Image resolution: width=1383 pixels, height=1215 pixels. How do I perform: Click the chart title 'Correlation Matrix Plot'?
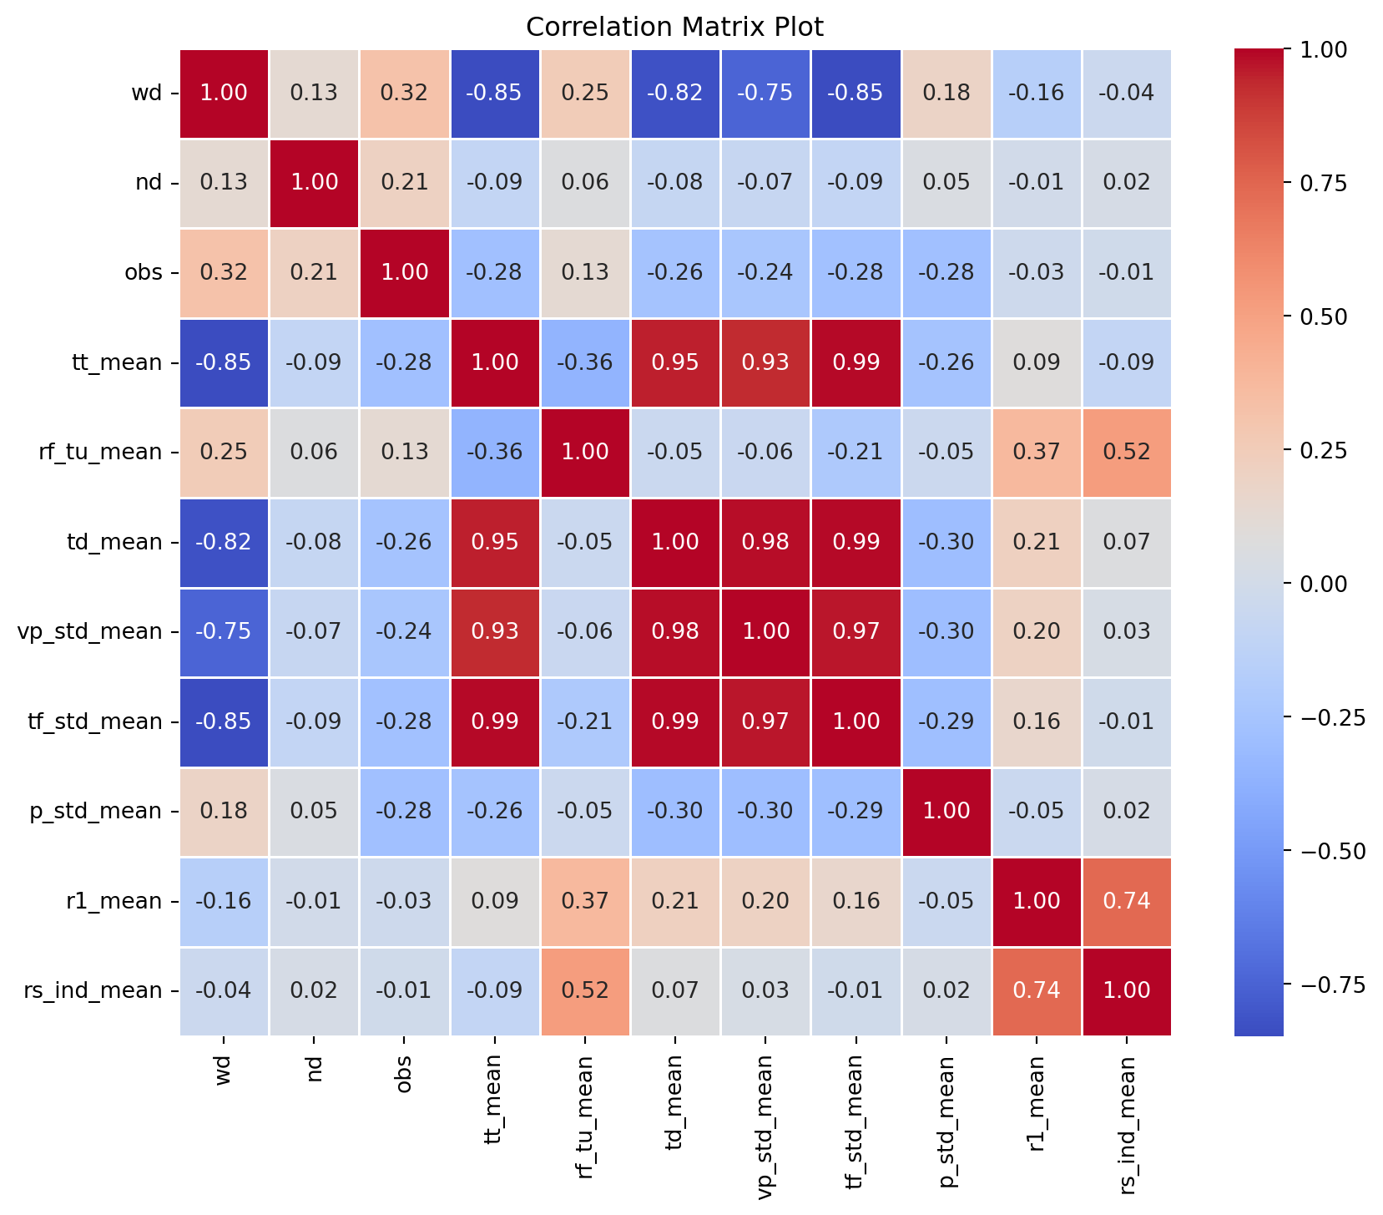click(674, 28)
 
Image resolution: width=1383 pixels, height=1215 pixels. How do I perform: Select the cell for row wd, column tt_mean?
click(495, 93)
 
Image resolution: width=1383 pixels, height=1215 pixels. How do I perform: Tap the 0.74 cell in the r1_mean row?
click(1126, 901)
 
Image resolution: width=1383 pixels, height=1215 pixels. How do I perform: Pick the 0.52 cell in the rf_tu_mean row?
click(1126, 453)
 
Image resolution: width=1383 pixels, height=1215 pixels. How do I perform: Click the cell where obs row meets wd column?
click(225, 273)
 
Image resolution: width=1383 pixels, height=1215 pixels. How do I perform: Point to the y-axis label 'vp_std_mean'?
click(90, 632)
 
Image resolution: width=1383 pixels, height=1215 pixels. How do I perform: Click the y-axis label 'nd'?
click(149, 183)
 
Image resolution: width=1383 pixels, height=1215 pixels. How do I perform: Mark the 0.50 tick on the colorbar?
click(1325, 316)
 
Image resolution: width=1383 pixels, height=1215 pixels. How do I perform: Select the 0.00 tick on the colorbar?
click(1325, 584)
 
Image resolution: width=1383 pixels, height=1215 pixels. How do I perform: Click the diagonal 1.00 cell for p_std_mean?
click(946, 812)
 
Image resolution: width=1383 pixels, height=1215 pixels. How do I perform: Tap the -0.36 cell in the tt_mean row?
click(585, 362)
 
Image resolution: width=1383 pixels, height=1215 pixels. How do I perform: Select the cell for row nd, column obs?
click(405, 183)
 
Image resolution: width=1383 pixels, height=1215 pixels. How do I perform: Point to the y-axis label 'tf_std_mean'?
click(90, 721)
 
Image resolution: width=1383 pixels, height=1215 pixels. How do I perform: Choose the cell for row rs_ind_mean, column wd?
click(225, 991)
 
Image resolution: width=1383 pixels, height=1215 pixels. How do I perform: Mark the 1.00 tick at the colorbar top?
click(1325, 50)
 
